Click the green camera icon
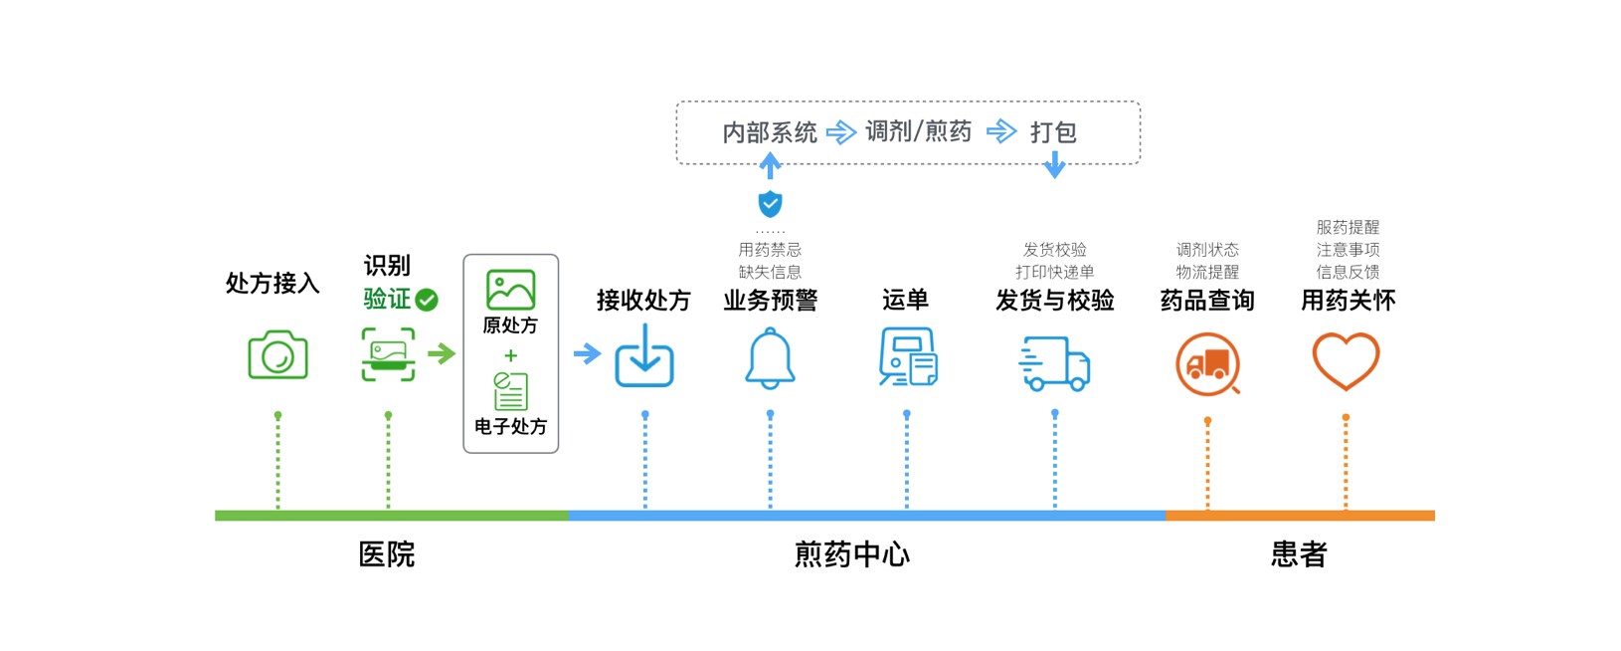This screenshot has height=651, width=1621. [277, 355]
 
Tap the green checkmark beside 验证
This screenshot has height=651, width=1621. [427, 300]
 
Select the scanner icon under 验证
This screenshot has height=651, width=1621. [388, 354]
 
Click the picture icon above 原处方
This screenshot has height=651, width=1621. [510, 290]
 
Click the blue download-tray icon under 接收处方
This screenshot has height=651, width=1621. [644, 357]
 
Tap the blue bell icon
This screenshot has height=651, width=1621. [770, 358]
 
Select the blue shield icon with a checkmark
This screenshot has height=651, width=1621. [770, 204]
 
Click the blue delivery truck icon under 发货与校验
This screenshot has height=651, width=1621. [1054, 363]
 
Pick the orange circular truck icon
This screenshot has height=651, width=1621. [1207, 364]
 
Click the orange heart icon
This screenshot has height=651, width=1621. [1346, 360]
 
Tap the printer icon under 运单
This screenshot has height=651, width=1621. [907, 356]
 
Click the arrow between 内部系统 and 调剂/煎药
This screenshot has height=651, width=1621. [841, 132]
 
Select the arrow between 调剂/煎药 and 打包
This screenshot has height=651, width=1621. [1001, 131]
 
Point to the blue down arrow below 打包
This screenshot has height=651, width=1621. [1054, 165]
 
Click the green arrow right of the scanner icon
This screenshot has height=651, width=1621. [442, 353]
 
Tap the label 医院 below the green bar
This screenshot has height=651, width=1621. [387, 554]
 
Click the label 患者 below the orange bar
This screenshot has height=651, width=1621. [1299, 554]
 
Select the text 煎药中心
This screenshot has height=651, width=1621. [852, 554]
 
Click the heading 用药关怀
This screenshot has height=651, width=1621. [1348, 301]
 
